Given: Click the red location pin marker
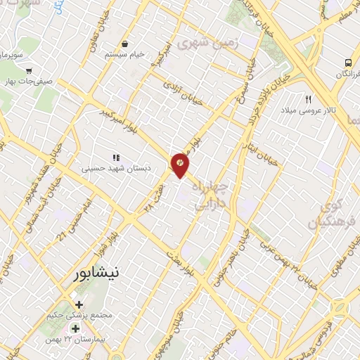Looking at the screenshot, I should [180, 164].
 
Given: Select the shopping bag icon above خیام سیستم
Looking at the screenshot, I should [124, 43].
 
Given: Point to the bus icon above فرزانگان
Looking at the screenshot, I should [349, 62].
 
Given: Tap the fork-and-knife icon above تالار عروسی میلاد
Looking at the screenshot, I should [308, 99].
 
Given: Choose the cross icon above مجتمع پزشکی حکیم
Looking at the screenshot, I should [78, 305].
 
